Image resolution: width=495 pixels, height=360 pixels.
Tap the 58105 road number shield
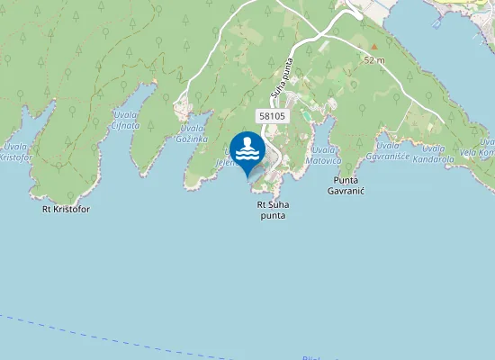coord(272,116)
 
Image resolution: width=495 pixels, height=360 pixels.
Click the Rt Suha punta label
coord(272,210)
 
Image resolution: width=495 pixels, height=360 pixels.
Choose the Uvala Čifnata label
coord(126,121)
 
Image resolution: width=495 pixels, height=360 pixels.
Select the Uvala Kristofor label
coord(15,151)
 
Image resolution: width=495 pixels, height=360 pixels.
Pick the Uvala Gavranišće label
coord(393,150)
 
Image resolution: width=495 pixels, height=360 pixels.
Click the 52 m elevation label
coord(374,59)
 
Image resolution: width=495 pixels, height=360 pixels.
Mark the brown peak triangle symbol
coord(373,46)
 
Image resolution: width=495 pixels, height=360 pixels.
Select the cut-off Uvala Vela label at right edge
coord(486,148)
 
